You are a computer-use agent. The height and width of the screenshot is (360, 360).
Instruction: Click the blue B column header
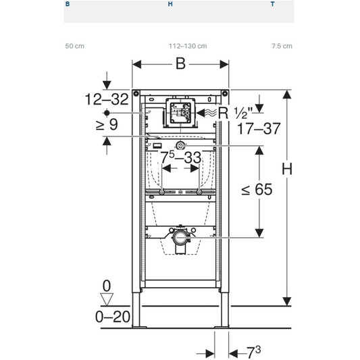[x=67, y=4]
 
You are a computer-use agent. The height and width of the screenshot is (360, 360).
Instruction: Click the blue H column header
[x=170, y=4]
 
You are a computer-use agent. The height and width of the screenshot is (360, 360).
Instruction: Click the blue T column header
[x=272, y=4]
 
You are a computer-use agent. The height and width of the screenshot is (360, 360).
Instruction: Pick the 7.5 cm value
[x=282, y=46]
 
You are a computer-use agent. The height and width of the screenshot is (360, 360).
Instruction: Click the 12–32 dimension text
[x=106, y=99]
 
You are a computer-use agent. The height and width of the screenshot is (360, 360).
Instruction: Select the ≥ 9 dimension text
[x=107, y=124]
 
